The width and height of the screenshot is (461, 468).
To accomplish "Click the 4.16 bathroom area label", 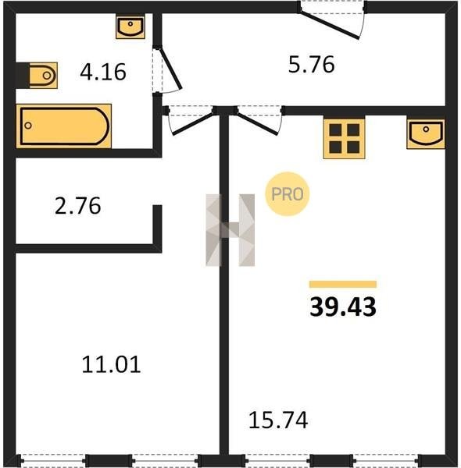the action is [103, 72].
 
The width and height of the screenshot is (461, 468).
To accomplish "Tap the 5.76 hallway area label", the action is [311, 65].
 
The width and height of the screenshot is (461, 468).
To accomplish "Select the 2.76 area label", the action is [77, 206].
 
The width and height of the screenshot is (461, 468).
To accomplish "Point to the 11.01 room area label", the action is [111, 364].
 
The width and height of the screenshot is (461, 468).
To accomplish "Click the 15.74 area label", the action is [278, 420].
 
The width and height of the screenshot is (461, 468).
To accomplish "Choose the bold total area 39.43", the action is [343, 307].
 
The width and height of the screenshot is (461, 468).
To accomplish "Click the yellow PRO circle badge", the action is [288, 194].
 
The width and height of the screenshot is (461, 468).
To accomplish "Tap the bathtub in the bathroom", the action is [63, 126].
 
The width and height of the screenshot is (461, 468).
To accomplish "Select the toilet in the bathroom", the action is [43, 76].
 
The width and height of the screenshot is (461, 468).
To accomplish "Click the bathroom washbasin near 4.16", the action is [130, 27].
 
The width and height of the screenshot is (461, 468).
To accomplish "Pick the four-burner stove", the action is [344, 139].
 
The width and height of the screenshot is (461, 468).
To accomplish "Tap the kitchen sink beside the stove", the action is [426, 133].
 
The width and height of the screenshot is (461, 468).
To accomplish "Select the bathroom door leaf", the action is [170, 69].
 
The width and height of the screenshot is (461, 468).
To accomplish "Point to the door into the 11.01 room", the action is [193, 123].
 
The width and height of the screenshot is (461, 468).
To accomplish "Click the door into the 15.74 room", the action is [257, 123].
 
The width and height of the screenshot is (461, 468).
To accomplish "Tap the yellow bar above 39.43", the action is [343, 284].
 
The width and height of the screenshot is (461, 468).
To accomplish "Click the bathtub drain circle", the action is [28, 126].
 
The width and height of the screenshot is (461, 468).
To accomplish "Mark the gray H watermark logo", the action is [230, 230].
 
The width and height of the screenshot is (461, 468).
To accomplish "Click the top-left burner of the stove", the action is [335, 130].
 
